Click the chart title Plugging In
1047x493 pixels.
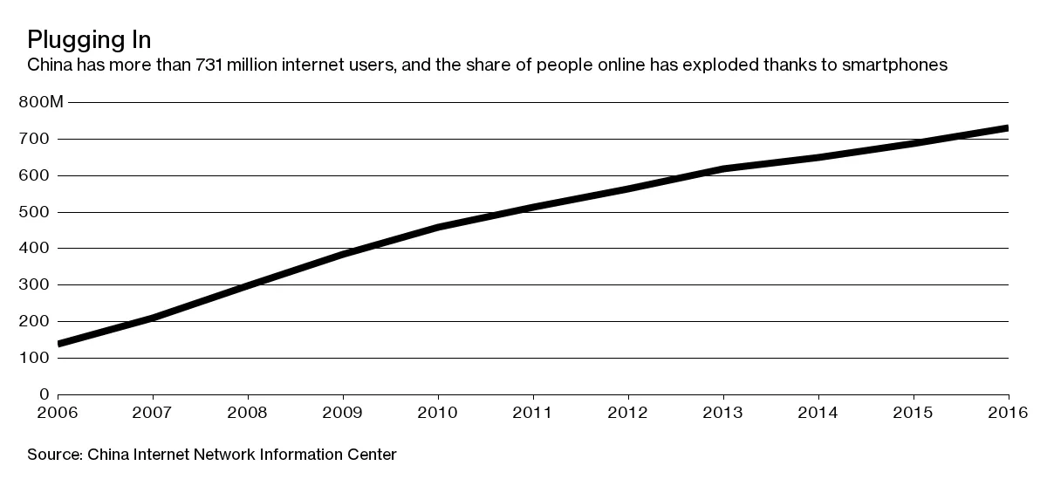tap(90, 39)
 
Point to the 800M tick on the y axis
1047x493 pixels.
tap(41, 103)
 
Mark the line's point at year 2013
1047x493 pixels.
tap(723, 168)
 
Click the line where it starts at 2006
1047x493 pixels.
tap(59, 344)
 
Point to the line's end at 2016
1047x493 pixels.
tap(1008, 128)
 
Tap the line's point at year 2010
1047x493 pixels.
tap(438, 227)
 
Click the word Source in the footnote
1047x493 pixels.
tap(54, 455)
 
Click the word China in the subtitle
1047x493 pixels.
tap(49, 65)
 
